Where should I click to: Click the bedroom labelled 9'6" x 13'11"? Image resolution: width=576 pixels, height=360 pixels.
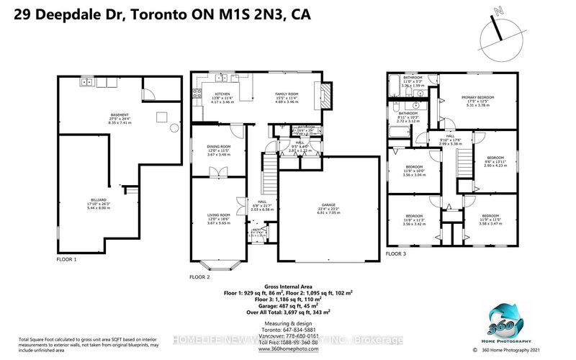pyautogui.click(x=495, y=160)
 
